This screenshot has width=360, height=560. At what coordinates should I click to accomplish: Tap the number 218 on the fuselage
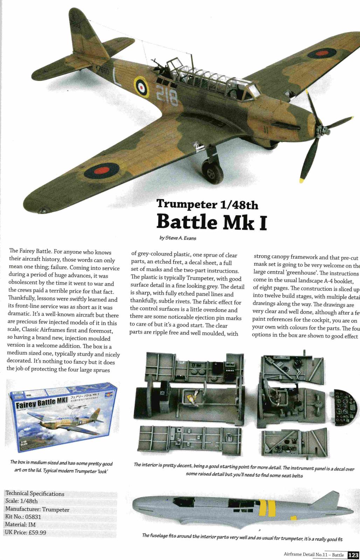167,95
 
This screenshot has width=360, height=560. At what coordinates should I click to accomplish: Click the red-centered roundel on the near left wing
102,170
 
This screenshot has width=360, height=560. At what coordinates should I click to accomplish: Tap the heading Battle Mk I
212,221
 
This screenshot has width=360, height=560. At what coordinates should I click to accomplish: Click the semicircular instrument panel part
345,408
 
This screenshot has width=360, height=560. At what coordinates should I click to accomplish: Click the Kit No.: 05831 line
23,517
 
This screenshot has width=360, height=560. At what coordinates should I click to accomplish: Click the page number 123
353,555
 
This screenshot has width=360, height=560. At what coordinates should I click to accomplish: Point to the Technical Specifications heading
35,493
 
